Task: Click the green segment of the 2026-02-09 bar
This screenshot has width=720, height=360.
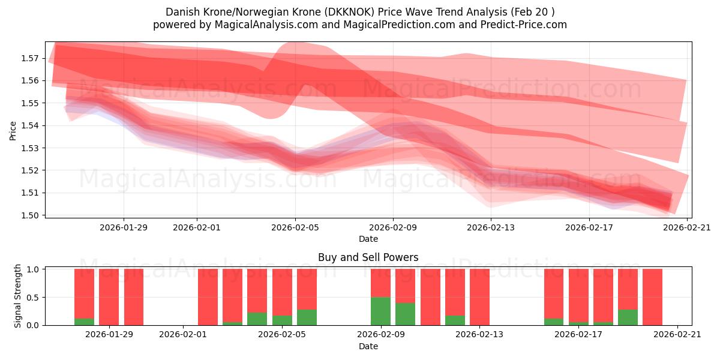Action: (x=380, y=311)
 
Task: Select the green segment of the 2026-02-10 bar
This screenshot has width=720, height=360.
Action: (x=405, y=314)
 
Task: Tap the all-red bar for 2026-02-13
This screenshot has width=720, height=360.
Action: (x=479, y=297)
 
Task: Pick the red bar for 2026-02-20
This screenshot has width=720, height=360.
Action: (x=652, y=297)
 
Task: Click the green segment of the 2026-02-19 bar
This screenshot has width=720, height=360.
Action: (x=628, y=317)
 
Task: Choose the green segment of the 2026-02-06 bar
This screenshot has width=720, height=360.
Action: (x=307, y=317)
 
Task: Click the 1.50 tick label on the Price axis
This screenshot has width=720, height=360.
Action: (x=31, y=215)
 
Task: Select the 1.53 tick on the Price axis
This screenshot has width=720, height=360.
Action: (x=31, y=148)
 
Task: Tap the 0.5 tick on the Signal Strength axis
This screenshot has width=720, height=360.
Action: (x=32, y=297)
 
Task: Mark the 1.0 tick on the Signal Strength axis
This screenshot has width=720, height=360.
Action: (x=32, y=269)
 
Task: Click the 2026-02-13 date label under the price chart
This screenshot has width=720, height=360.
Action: (x=491, y=227)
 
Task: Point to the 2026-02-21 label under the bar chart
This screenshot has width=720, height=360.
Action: (x=677, y=335)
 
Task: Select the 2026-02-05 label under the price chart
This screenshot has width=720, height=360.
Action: (x=295, y=227)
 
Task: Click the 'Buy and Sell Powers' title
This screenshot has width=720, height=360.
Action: (x=368, y=257)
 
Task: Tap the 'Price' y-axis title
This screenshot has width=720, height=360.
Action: (x=13, y=130)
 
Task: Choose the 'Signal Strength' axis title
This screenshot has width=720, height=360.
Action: (x=18, y=296)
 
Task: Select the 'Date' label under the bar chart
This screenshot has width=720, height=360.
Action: (x=368, y=346)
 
